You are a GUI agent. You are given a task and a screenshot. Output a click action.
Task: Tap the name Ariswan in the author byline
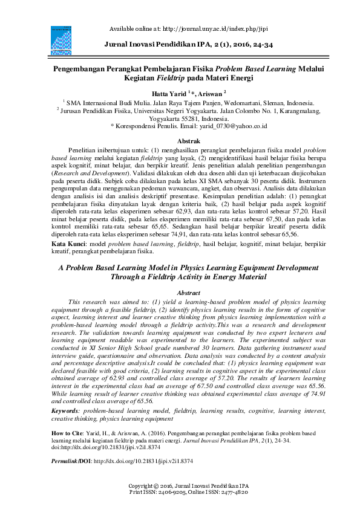(x=209, y=94)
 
